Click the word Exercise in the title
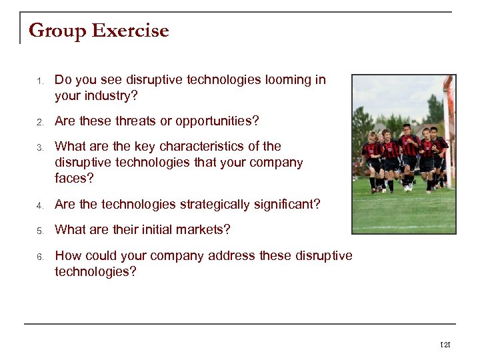coord(131,31)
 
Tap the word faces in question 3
coord(74,178)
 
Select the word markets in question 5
coord(204,230)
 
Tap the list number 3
coord(39,147)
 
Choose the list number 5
coord(39,231)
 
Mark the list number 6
coord(39,256)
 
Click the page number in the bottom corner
coord(445,345)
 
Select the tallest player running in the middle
coord(407,155)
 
